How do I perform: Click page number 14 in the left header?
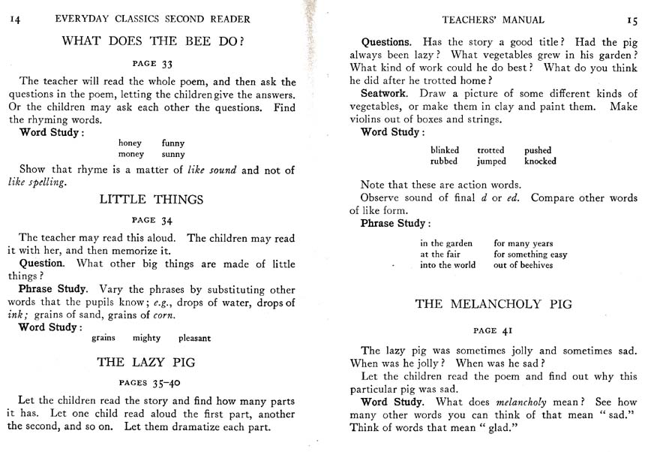pyautogui.click(x=14, y=19)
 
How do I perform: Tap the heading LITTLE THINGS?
pyautogui.click(x=151, y=200)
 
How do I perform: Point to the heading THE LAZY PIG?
pyautogui.click(x=146, y=362)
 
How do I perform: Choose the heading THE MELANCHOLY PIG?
pyautogui.click(x=493, y=304)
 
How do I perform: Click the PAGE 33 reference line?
pyautogui.click(x=152, y=64)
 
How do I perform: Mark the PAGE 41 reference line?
pyautogui.click(x=493, y=330)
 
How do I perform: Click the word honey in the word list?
pyautogui.click(x=130, y=143)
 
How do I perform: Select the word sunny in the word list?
pyautogui.click(x=172, y=154)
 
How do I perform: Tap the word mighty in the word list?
pyautogui.click(x=146, y=338)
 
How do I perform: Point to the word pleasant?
pyautogui.click(x=194, y=338)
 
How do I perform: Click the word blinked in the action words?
pyautogui.click(x=445, y=150)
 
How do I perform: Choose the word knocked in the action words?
pyautogui.click(x=540, y=161)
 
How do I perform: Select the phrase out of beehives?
pyautogui.click(x=523, y=265)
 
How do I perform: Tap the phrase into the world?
pyautogui.click(x=448, y=265)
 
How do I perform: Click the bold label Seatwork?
pyautogui.click(x=383, y=94)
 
